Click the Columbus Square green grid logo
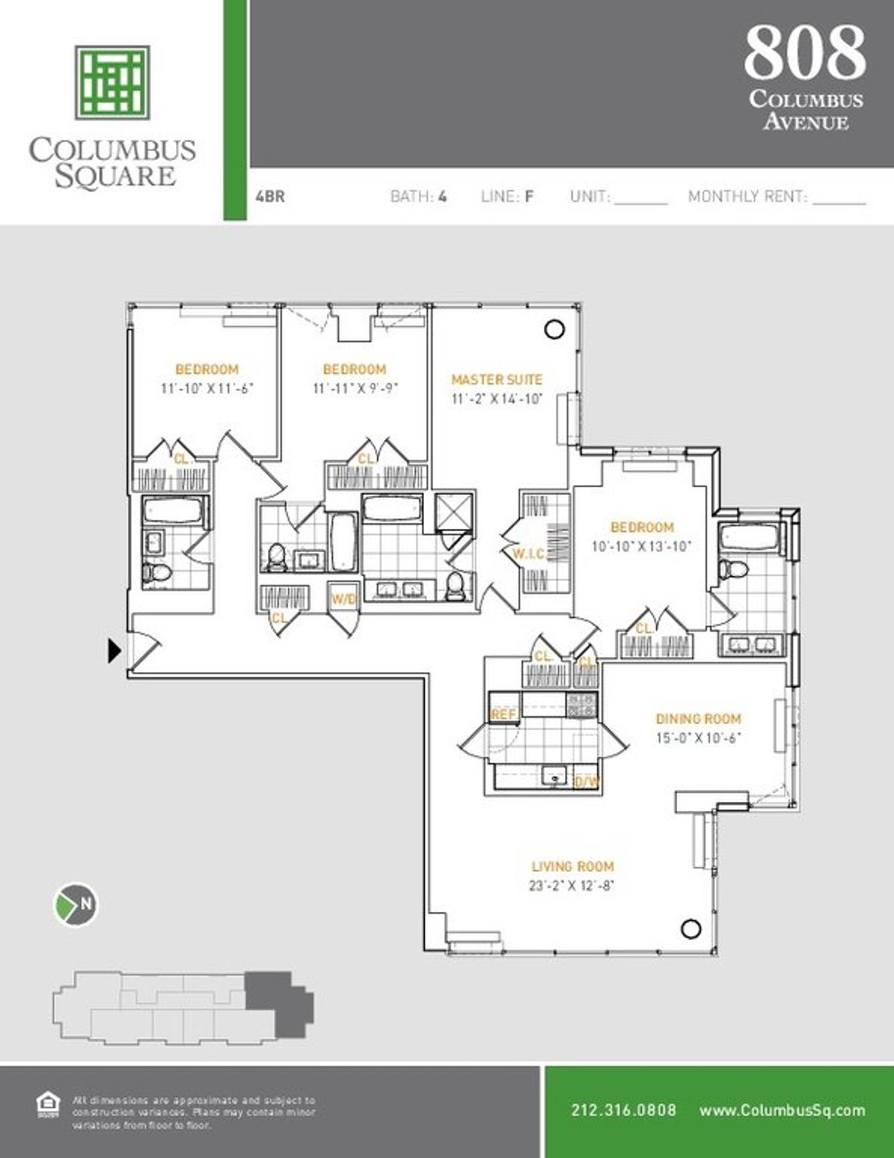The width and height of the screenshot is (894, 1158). (x=112, y=82)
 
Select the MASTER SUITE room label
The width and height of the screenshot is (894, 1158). (x=497, y=379)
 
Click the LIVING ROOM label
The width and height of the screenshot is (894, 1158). (x=572, y=867)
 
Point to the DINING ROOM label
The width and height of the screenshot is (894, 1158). (x=698, y=719)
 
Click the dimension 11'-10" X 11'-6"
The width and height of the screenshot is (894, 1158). (x=207, y=388)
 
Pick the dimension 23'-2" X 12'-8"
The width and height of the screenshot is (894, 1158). (x=572, y=886)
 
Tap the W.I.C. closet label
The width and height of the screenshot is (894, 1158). (x=529, y=554)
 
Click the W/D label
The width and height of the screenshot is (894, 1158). (x=343, y=599)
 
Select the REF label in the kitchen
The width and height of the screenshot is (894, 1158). (x=504, y=715)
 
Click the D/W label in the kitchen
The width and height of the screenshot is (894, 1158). (x=587, y=782)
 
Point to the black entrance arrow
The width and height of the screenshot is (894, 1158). (x=114, y=651)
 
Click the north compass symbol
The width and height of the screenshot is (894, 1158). (x=77, y=904)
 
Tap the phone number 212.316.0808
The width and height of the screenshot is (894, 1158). (x=624, y=1110)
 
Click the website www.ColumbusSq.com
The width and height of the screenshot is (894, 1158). (x=782, y=1110)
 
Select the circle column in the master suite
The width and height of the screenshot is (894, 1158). (x=554, y=329)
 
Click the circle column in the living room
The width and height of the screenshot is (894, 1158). (x=691, y=928)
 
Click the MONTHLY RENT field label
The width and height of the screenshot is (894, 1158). (x=747, y=197)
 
